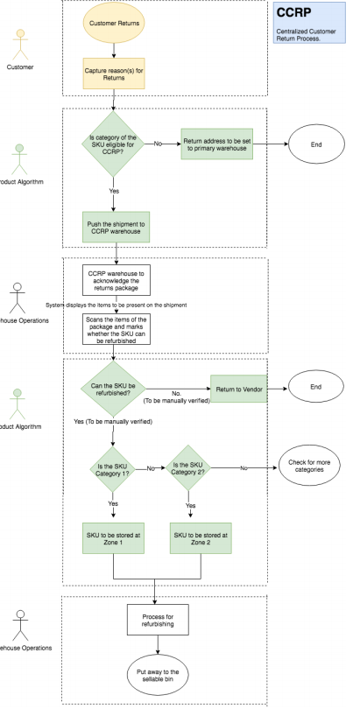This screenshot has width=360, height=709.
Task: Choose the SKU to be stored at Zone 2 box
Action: [x=200, y=539]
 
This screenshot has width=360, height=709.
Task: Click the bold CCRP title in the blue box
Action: [x=293, y=16]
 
